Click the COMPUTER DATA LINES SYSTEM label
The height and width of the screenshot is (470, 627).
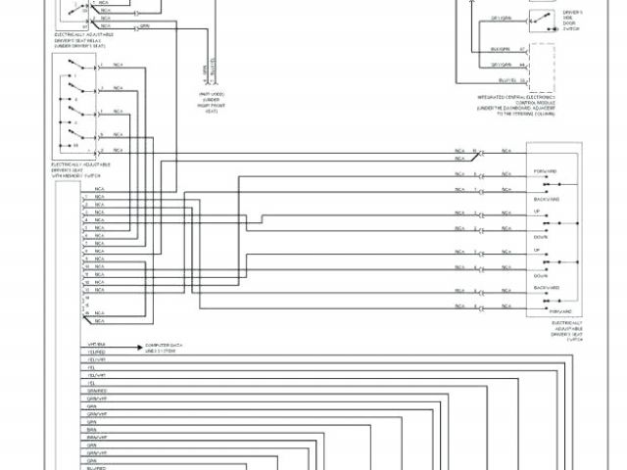165,348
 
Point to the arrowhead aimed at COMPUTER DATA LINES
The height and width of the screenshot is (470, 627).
140,345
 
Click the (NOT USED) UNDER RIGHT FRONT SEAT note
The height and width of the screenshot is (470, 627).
211,103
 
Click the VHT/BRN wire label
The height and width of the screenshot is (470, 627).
96,345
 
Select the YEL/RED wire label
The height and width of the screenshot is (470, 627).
96,352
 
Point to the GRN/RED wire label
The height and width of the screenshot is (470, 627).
97,391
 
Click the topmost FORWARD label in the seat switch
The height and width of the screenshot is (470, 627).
546,170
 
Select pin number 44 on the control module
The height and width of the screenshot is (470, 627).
523,64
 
